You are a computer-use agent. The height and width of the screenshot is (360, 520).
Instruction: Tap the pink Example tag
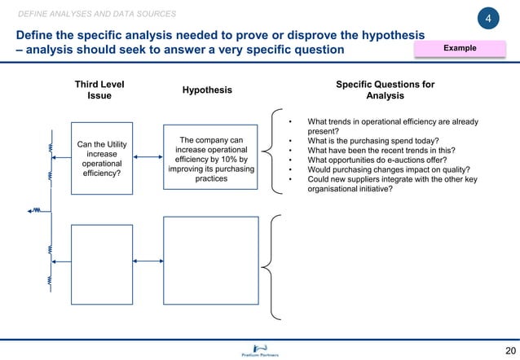[x=460, y=49]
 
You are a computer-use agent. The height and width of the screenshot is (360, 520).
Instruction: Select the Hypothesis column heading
[x=207, y=90]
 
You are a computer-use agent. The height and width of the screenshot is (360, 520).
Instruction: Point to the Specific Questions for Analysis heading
[x=385, y=90]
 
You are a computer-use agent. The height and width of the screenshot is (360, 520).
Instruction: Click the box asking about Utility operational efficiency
[x=101, y=158]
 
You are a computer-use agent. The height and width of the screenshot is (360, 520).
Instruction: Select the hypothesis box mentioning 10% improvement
[x=211, y=159]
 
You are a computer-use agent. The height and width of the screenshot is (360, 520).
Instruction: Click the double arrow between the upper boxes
[x=147, y=158]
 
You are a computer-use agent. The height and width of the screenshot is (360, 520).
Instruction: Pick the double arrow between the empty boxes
[x=147, y=261]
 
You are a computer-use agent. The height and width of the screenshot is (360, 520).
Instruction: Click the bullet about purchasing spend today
[x=373, y=141]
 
